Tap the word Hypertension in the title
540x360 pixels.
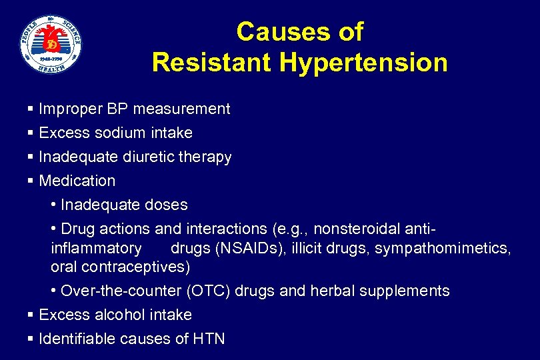click(x=363, y=63)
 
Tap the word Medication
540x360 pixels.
click(x=77, y=181)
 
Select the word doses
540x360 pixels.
click(x=166, y=205)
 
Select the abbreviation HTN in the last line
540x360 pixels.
click(x=209, y=339)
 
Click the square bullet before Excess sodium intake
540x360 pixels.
click(x=31, y=133)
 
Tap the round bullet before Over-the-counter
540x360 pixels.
click(x=53, y=291)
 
